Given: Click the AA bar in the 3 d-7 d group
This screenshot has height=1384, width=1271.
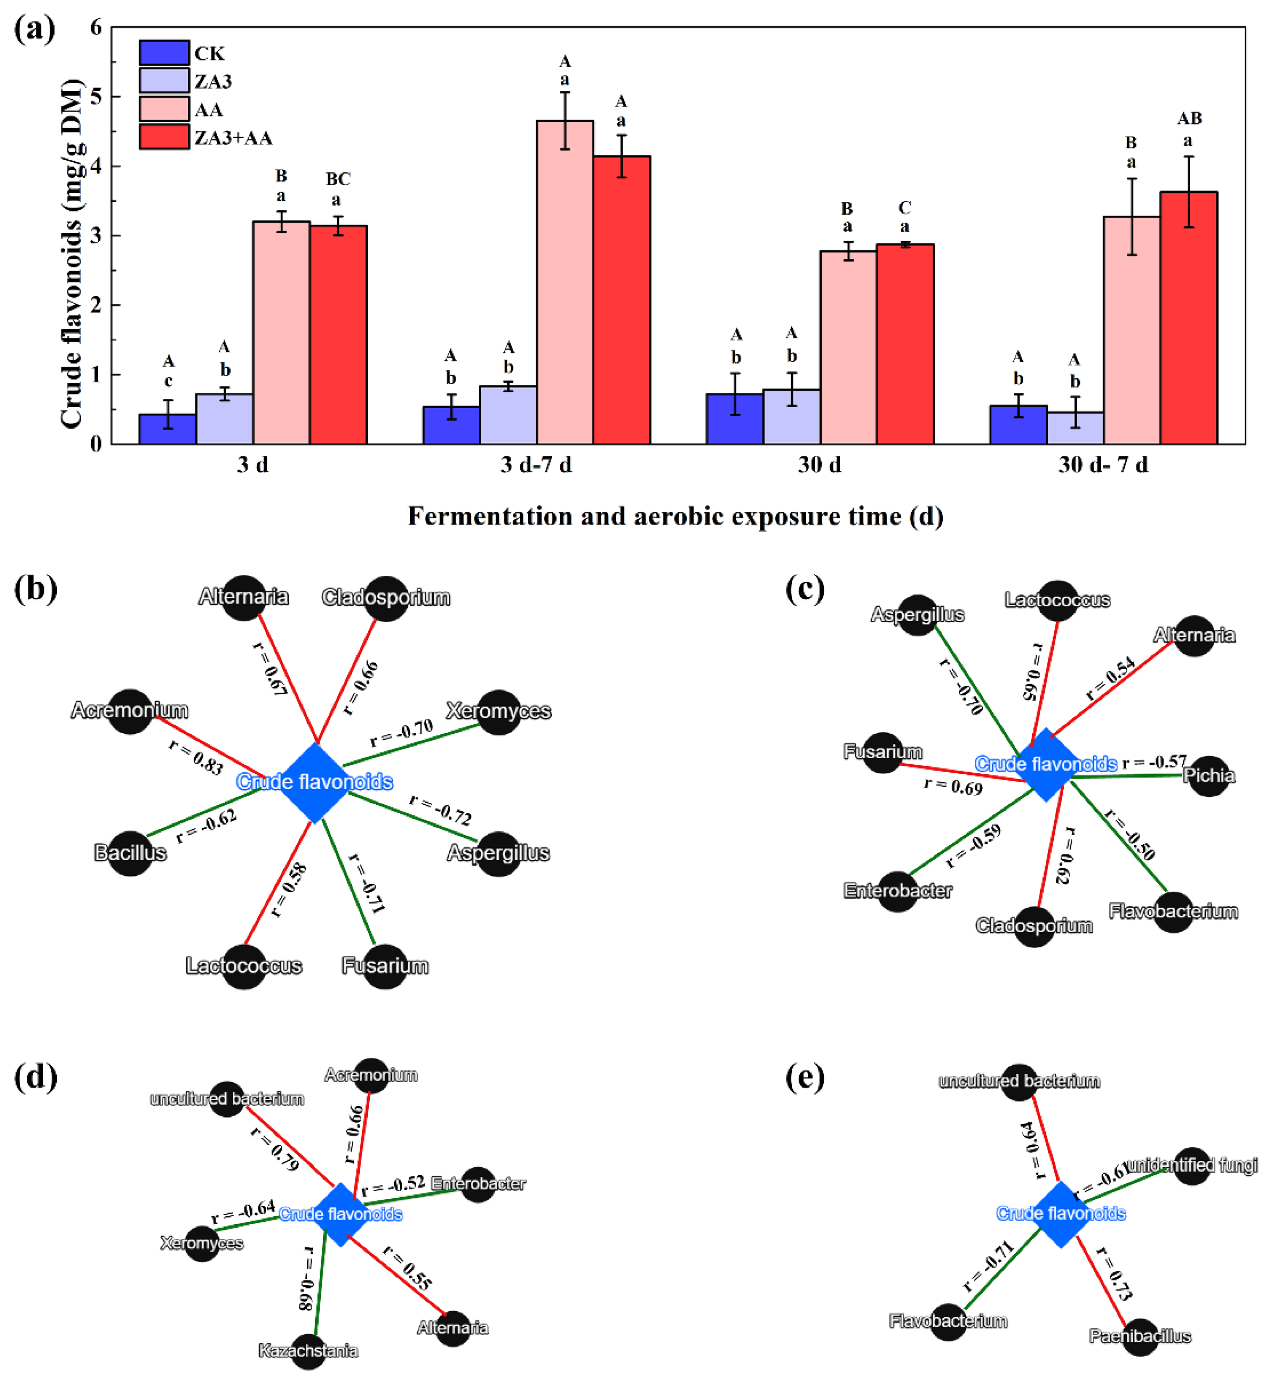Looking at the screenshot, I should click(x=564, y=282).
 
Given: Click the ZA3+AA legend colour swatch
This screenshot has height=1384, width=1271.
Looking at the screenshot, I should click(x=164, y=137).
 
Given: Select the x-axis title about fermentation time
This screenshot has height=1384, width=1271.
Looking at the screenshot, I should click(x=675, y=517).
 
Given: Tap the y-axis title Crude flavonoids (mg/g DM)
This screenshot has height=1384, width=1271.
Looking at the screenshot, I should click(x=71, y=253).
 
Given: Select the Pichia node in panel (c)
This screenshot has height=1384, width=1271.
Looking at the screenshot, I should click(x=1208, y=776).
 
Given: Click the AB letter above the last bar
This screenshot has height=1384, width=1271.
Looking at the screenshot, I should click(x=1189, y=119).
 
